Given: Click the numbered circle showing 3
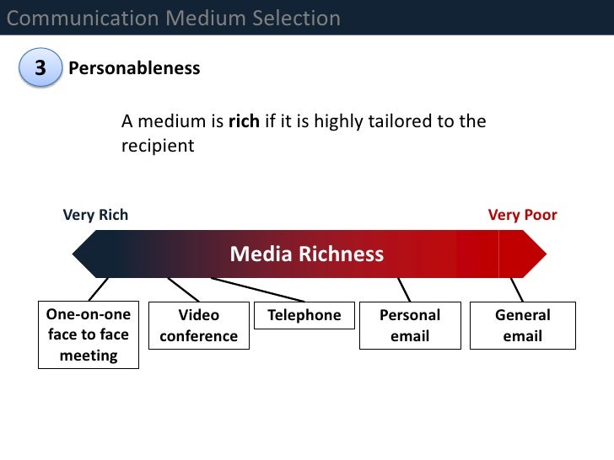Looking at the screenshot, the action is tap(40, 68).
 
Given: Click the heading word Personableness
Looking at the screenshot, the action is tap(134, 68).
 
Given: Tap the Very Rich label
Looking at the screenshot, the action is tap(95, 215).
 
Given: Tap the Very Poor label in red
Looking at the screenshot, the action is tap(522, 215).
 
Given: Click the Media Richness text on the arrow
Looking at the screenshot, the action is tap(307, 254).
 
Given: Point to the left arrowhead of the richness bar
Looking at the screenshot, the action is tap(85, 254).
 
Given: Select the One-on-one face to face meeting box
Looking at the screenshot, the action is tap(89, 334).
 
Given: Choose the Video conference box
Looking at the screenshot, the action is tap(198, 325).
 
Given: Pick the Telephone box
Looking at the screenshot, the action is tap(304, 315).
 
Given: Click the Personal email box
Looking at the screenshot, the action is tap(410, 325).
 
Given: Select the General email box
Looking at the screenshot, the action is tap(522, 325).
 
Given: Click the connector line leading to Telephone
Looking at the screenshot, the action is tap(257, 289).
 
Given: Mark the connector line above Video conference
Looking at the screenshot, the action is tap(183, 289).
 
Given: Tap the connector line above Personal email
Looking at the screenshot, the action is tap(404, 289).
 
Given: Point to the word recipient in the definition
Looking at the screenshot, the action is tap(158, 145).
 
